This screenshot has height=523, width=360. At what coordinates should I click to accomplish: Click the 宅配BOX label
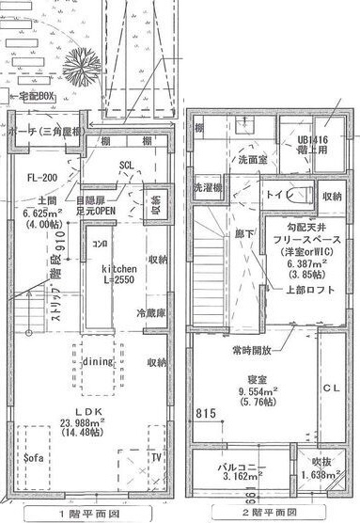tap(36, 96)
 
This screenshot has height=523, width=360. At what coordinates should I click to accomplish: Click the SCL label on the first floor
tap(126, 167)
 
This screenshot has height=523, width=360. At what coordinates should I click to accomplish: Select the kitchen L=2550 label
tap(119, 275)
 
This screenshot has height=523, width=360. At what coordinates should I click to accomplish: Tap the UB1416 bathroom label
tap(316, 143)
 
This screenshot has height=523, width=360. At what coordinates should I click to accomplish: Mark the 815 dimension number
tap(209, 411)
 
